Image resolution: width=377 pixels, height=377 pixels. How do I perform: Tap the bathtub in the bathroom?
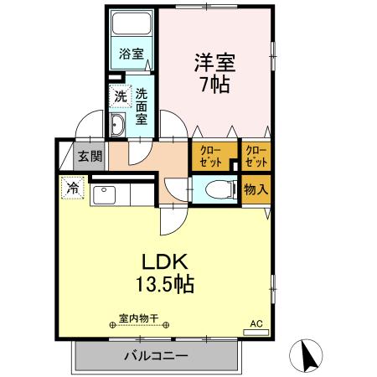pos(131,24)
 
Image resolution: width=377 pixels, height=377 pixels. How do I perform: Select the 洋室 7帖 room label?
pos(214,73)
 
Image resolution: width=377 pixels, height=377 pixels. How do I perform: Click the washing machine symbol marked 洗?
pos(121,96)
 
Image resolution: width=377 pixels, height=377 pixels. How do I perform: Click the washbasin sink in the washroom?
pos(118,127)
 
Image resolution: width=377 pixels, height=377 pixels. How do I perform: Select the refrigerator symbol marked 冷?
pos(74,188)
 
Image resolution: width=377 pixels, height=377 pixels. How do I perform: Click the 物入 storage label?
pos(256,189)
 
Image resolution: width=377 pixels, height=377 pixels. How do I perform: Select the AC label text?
pos(256,322)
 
